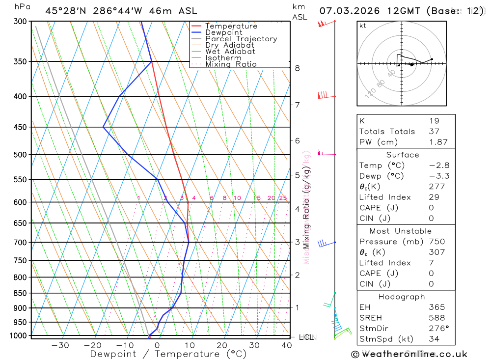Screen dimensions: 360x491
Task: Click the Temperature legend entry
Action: click(x=231, y=26)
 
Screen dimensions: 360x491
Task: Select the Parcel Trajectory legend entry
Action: click(x=241, y=39)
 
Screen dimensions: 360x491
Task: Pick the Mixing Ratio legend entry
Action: click(x=231, y=64)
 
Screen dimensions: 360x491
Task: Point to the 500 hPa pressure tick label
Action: click(x=20, y=155)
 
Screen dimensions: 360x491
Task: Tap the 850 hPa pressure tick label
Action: click(x=20, y=293)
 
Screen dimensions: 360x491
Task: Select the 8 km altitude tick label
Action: click(x=297, y=68)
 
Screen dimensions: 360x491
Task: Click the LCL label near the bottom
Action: click(x=306, y=337)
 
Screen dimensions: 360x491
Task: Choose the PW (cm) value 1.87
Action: click(x=438, y=142)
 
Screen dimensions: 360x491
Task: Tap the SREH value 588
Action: click(x=436, y=317)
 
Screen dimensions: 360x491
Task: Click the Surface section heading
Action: click(x=403, y=155)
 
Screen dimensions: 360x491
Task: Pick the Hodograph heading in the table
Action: click(x=402, y=297)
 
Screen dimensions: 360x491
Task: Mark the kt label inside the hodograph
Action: click(x=363, y=26)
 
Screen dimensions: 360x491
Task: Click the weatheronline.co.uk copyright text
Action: click(x=409, y=354)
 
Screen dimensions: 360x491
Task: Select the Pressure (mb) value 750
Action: click(x=436, y=242)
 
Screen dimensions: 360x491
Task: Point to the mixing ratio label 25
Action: click(x=283, y=198)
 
